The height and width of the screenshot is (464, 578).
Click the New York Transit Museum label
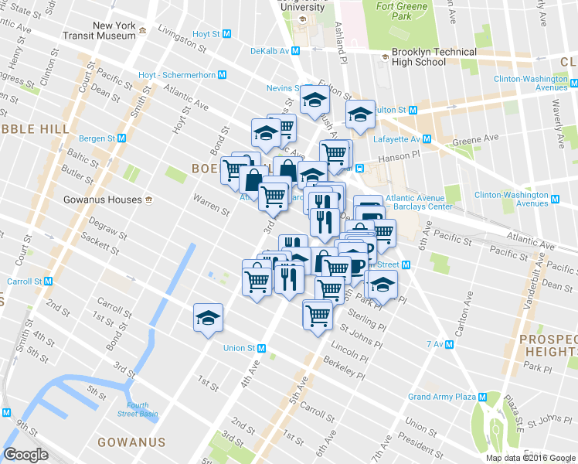pos(114,30)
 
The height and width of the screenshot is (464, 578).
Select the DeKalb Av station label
pos(269,51)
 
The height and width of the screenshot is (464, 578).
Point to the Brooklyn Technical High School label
pos(433,57)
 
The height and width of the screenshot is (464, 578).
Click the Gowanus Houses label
pos(102,200)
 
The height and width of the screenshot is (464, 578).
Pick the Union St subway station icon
pos(261,348)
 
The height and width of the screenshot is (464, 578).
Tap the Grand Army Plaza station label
pos(442,397)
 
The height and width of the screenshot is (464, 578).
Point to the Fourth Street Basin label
pos(138,409)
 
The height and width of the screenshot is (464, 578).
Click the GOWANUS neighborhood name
pos(131,442)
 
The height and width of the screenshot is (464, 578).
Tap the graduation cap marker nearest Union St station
pos(207,318)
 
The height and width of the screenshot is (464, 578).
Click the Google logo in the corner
pos(26,455)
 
